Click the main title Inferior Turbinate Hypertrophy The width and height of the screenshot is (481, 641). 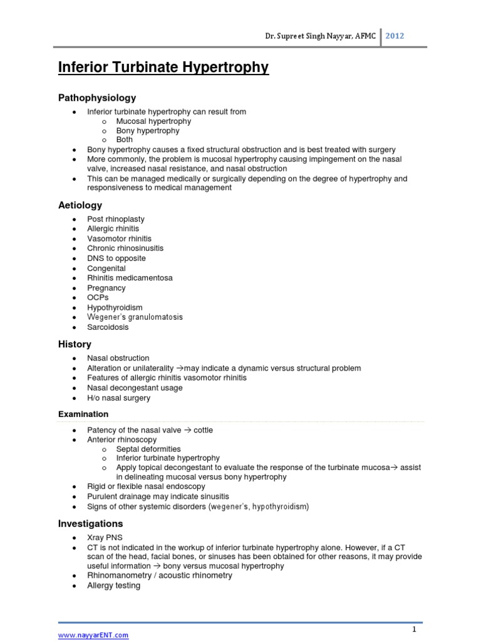163,68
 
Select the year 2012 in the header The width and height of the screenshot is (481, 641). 395,36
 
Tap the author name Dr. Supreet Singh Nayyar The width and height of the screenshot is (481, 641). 311,36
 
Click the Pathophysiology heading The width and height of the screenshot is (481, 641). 97,98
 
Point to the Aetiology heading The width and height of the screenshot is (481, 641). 80,205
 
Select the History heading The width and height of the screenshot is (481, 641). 75,344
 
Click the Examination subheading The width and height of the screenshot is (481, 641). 83,414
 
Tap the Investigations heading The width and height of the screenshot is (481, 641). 90,523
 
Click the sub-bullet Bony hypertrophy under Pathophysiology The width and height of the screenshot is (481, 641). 148,131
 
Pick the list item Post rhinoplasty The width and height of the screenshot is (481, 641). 116,219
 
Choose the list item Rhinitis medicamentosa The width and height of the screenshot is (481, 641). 130,278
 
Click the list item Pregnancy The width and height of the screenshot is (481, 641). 106,288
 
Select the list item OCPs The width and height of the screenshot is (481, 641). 98,297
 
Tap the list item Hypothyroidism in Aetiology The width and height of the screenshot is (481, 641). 115,307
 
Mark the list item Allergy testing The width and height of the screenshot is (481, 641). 114,585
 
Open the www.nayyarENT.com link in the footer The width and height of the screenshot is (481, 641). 93,635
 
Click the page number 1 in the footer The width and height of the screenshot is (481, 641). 414,629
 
